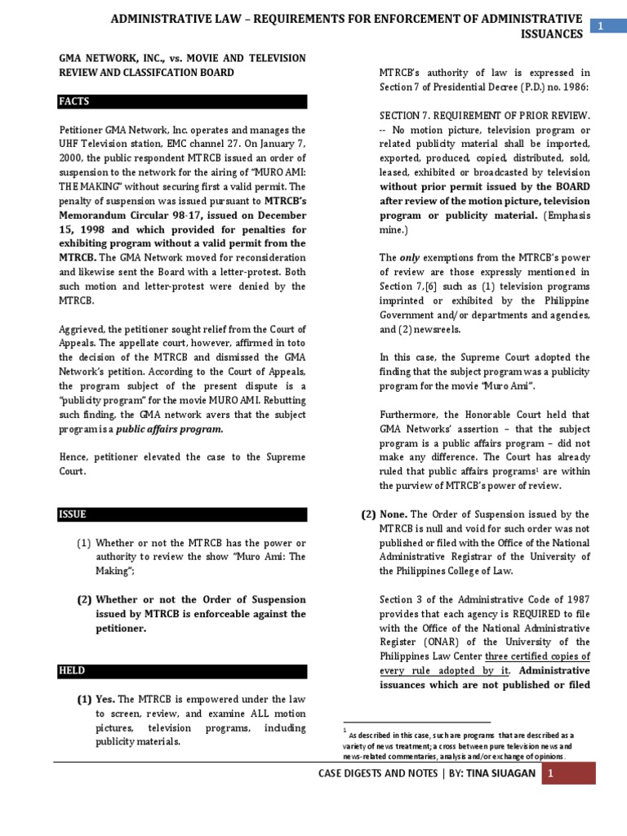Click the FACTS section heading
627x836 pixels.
click(x=73, y=102)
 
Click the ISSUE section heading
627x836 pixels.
click(x=72, y=514)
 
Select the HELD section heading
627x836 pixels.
click(x=72, y=671)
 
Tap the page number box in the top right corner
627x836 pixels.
click(x=601, y=27)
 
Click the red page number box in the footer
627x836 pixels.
click(x=550, y=772)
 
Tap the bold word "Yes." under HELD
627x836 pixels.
click(x=105, y=700)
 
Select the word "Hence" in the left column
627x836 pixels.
click(x=73, y=457)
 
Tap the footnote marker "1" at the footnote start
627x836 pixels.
click(x=345, y=730)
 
